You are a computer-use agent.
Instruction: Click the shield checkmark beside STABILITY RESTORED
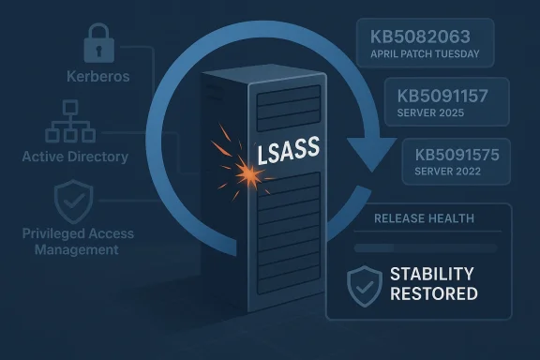click(x=365, y=284)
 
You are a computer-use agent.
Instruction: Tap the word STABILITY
click(x=432, y=275)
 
